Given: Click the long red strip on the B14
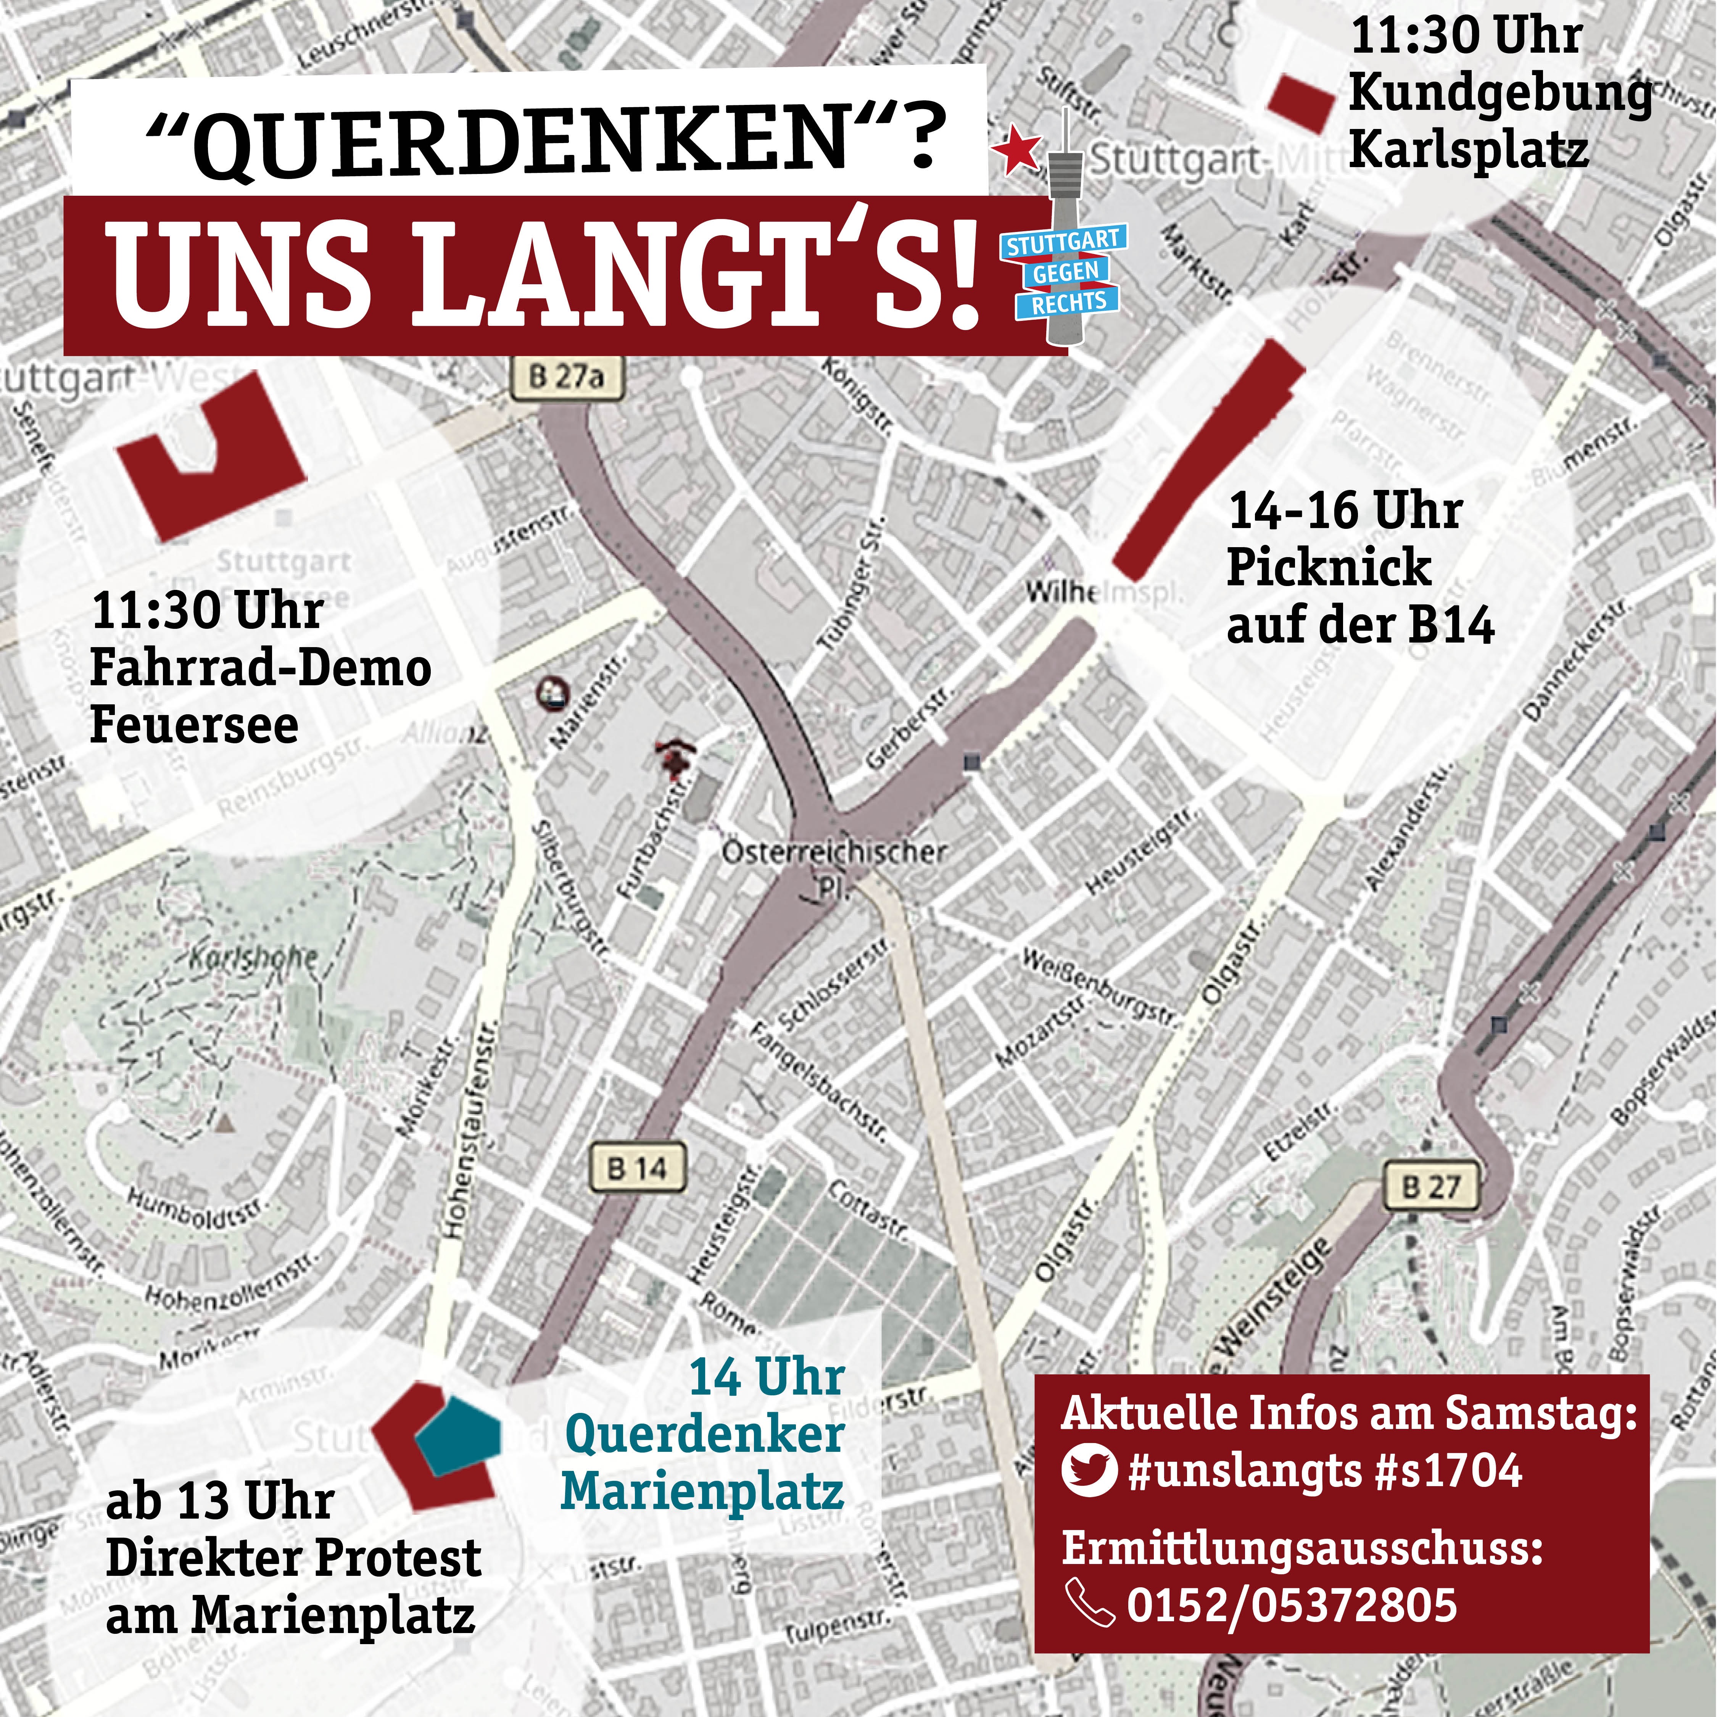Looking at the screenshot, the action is pyautogui.click(x=1209, y=453).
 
